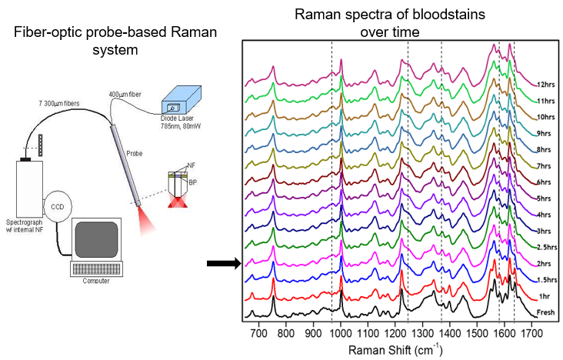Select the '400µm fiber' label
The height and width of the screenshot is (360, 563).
(x=125, y=94)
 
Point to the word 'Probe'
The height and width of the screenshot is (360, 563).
(x=135, y=153)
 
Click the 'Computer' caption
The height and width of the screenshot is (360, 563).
(x=96, y=280)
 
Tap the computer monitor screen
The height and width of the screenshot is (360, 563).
(x=96, y=238)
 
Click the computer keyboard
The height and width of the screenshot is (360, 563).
(x=96, y=268)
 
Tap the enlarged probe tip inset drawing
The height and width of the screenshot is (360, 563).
(x=178, y=188)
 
